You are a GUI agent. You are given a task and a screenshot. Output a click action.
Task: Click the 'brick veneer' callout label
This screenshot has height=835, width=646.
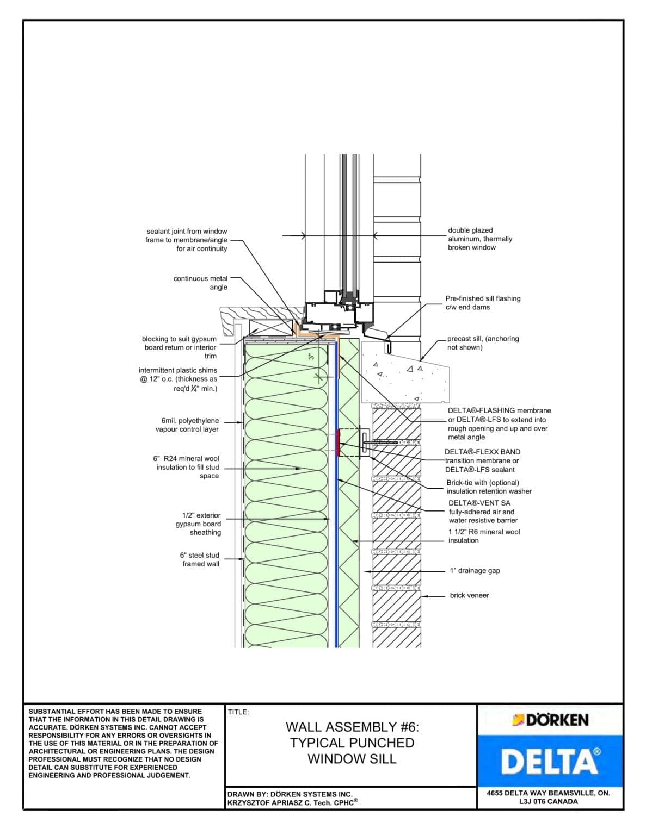tap(469, 595)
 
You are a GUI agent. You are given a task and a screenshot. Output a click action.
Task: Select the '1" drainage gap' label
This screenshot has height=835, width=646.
tap(475, 571)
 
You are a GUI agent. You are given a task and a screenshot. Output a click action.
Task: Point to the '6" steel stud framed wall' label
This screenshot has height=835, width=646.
tap(200, 559)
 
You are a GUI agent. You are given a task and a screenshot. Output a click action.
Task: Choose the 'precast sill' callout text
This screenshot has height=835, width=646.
tap(483, 342)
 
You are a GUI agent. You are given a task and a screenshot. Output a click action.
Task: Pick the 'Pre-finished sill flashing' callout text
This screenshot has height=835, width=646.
tap(483, 303)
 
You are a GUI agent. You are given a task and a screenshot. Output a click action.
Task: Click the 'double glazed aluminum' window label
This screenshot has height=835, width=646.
tap(479, 239)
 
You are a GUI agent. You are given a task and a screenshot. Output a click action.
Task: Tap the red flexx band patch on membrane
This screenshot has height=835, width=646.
tap(339, 442)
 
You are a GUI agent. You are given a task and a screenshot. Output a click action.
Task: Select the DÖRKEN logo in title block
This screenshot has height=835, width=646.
tap(550, 720)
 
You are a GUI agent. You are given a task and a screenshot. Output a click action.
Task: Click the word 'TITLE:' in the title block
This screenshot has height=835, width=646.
tap(238, 712)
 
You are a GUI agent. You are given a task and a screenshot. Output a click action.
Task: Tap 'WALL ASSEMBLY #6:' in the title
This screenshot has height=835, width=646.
tap(352, 727)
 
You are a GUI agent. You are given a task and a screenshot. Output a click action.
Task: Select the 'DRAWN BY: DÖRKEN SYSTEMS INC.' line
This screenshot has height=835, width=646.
tap(290, 794)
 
